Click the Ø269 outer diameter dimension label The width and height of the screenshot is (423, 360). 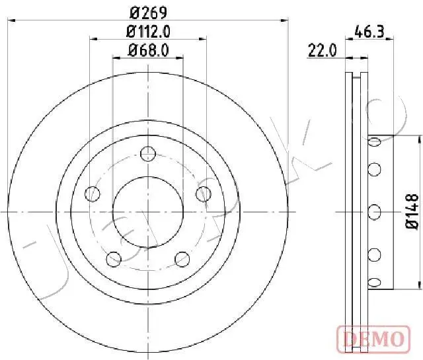click(x=148, y=13)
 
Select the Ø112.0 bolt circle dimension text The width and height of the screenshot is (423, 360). click(x=148, y=32)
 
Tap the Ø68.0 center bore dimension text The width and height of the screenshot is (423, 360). click(x=149, y=50)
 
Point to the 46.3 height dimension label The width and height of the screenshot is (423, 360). click(x=369, y=32)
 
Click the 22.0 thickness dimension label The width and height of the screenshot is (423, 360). click(x=323, y=51)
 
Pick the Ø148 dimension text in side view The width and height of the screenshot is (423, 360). click(x=412, y=211)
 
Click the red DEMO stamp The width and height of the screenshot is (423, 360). click(x=373, y=339)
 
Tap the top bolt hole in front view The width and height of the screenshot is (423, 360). click(x=148, y=154)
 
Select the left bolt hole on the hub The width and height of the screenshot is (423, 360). click(x=93, y=194)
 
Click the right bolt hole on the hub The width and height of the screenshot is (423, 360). click(x=204, y=194)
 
